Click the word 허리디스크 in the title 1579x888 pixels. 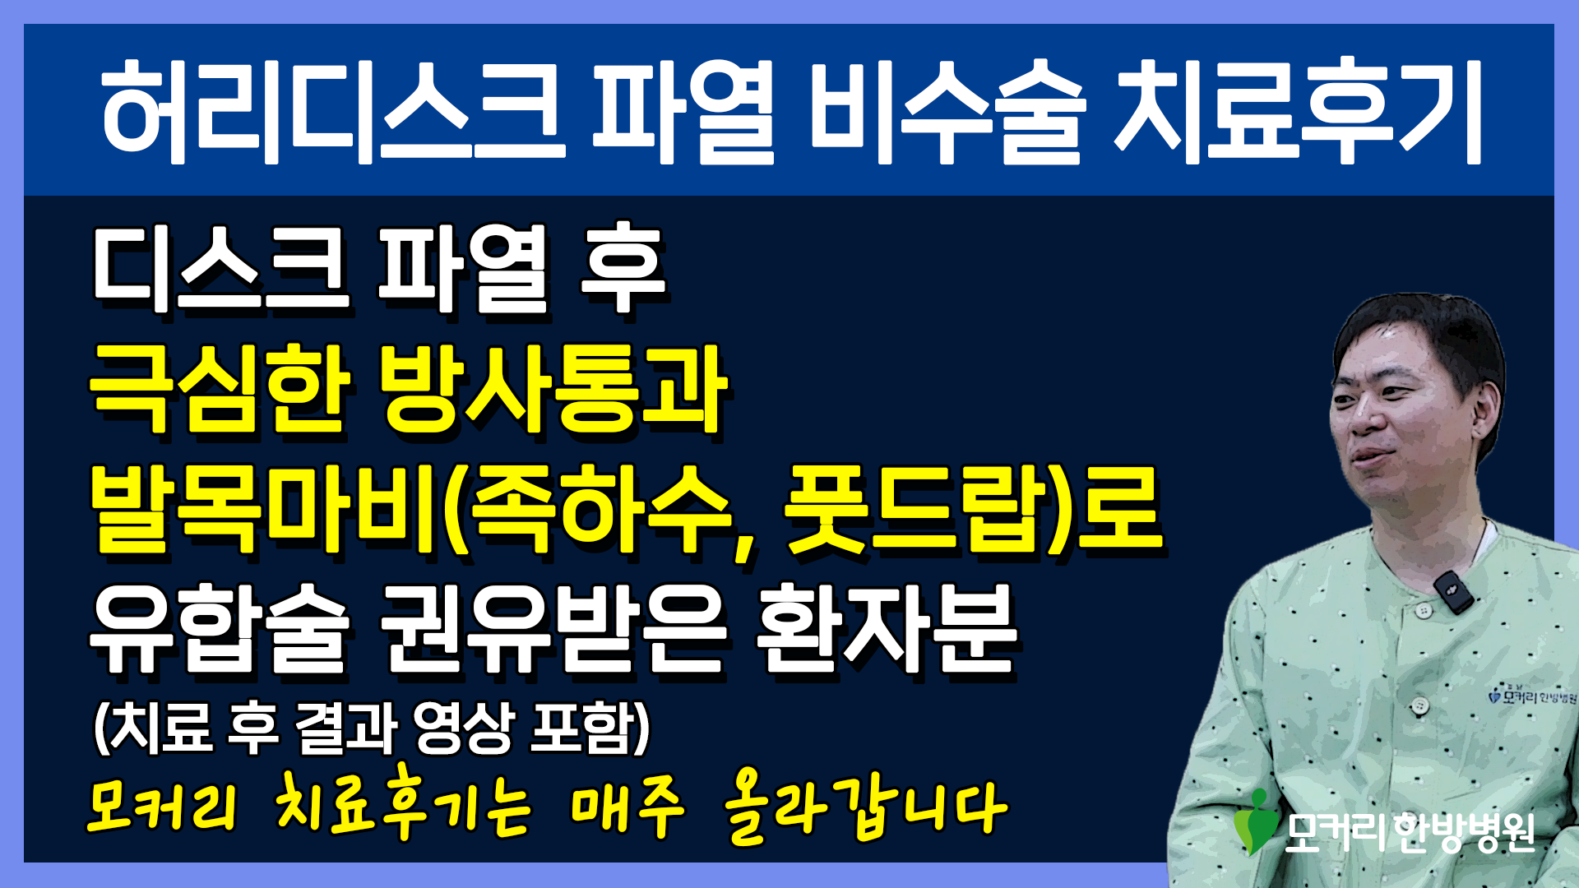(x=334, y=111)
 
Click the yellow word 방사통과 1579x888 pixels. (x=555, y=389)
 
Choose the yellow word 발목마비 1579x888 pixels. (x=263, y=510)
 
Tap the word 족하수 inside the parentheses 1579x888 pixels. (x=604, y=510)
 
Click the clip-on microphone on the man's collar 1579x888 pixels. (x=1453, y=592)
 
